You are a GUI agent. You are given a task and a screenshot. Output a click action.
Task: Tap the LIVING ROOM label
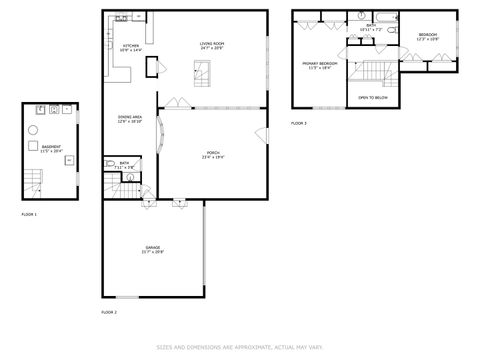pyautogui.click(x=211, y=44)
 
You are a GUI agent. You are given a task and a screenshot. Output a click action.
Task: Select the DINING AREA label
pyautogui.click(x=130, y=117)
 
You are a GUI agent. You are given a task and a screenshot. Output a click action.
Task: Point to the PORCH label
pyautogui.click(x=212, y=151)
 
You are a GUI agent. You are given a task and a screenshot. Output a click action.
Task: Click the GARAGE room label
pyautogui.click(x=153, y=247)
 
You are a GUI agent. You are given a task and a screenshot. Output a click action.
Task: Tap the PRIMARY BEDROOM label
pyautogui.click(x=320, y=63)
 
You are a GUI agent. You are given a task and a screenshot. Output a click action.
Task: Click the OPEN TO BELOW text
pyautogui.click(x=373, y=98)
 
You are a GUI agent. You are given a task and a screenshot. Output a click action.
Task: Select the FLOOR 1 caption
pyautogui.click(x=29, y=214)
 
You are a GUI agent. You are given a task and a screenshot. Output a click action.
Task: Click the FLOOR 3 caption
pyautogui.click(x=299, y=123)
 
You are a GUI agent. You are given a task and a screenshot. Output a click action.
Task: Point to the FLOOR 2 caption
pyautogui.click(x=109, y=313)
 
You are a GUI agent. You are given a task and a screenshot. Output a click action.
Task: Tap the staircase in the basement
pyautogui.click(x=35, y=183)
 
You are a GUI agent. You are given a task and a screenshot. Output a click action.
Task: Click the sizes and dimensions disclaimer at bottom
pyautogui.click(x=239, y=347)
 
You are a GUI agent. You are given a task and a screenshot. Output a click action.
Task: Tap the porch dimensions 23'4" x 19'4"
pyautogui.click(x=212, y=156)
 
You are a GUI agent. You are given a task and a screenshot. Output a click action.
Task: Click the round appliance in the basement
pyautogui.click(x=34, y=130)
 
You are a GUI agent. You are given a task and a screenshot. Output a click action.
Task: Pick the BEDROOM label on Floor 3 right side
pyautogui.click(x=427, y=35)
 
